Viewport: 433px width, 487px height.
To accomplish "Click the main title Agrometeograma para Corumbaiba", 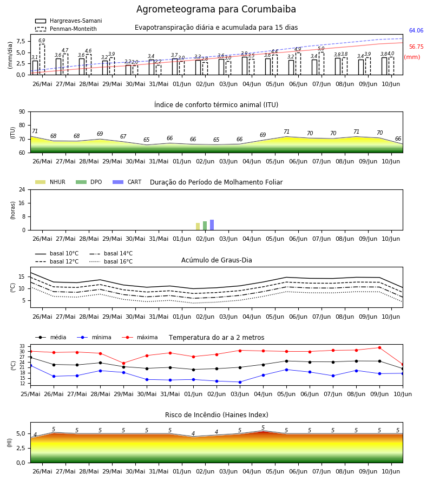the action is point(216,9).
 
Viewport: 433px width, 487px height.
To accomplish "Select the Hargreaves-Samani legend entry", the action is point(69,21).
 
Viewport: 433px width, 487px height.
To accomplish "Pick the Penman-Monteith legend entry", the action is point(66,29).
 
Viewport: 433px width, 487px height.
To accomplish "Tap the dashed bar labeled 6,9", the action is point(42,60).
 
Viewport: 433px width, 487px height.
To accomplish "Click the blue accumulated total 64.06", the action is point(416,30).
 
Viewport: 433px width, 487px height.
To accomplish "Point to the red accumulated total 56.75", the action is point(416,47).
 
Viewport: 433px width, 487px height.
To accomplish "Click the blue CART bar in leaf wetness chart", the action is point(212,225).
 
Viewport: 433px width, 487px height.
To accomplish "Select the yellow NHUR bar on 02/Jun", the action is point(198,226).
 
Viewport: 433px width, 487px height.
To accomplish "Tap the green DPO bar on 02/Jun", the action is point(205,226).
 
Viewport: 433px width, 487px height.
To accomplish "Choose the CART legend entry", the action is point(127,182).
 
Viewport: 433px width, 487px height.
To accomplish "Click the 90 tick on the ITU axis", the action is point(22,112).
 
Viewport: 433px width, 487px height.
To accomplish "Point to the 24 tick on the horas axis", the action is point(22,189).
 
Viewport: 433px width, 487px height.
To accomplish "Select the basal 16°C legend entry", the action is point(111,261).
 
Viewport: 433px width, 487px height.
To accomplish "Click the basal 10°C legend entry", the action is point(57,253).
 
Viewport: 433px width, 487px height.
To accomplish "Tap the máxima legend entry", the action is point(140,337).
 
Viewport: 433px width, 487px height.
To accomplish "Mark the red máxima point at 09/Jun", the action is point(379,347).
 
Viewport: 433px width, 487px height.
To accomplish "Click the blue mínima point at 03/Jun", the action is point(240,382).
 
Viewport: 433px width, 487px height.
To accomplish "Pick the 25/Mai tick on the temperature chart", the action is point(30,394).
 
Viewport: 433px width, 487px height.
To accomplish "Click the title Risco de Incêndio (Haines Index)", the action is point(216,415).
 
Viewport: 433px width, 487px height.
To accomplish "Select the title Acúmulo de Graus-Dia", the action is point(216,260).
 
